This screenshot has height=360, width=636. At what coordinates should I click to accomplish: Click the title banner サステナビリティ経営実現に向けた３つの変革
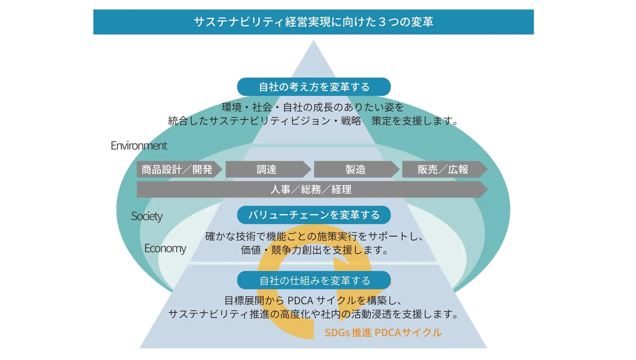(x=313, y=22)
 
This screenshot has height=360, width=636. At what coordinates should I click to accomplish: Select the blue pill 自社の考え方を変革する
(x=314, y=87)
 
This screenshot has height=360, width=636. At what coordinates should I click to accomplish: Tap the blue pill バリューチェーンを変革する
(x=314, y=215)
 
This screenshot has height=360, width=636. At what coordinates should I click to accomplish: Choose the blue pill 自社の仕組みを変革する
(x=314, y=280)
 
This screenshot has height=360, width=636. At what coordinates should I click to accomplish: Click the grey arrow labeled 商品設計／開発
(x=178, y=169)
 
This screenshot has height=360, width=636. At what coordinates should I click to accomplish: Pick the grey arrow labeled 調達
(x=267, y=169)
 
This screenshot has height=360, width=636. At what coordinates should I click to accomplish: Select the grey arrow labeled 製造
(x=355, y=169)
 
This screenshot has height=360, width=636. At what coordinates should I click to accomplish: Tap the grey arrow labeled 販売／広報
(x=443, y=169)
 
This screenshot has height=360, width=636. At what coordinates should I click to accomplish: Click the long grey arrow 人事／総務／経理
(x=311, y=189)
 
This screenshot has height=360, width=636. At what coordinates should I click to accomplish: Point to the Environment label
(x=139, y=146)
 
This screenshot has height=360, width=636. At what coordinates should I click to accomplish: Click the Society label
(x=147, y=216)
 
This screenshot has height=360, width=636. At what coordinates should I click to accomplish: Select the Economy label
(x=165, y=248)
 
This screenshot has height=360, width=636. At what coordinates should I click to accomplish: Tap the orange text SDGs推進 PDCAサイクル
(x=383, y=332)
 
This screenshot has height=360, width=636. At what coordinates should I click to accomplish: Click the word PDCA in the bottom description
(x=300, y=300)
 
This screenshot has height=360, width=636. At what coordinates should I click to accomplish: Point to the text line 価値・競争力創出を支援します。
(x=315, y=250)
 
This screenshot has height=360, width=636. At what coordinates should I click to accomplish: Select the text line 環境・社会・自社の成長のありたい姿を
(x=313, y=107)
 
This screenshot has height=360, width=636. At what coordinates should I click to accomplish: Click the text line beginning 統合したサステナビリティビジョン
(x=313, y=121)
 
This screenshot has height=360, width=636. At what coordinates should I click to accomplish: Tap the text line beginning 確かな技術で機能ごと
(x=314, y=236)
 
